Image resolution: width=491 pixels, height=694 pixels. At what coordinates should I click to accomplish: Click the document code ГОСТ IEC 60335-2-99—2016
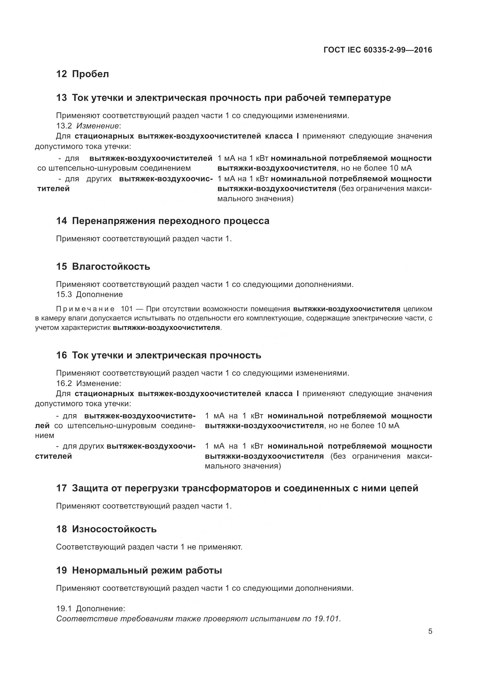click(378, 50)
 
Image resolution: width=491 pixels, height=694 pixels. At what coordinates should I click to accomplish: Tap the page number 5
click(430, 631)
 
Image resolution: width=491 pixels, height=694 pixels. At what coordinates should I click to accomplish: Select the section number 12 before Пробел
click(61, 74)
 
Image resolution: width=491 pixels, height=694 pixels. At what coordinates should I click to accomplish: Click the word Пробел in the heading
click(91, 74)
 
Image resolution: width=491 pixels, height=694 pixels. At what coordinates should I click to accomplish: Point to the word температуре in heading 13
click(360, 98)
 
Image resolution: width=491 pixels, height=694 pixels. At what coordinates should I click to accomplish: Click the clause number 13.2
click(64, 126)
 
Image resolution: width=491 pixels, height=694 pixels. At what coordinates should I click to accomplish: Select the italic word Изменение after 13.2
click(97, 126)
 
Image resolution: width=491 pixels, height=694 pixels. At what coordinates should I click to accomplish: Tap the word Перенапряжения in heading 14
click(115, 221)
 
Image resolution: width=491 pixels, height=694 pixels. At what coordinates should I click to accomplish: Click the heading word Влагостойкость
click(111, 267)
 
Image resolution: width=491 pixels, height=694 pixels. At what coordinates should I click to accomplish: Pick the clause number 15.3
click(64, 294)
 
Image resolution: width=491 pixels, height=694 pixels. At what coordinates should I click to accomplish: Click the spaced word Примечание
click(85, 309)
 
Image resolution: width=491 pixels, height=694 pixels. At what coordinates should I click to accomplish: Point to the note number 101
click(127, 309)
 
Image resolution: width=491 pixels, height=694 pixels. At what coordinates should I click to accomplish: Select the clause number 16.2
click(64, 384)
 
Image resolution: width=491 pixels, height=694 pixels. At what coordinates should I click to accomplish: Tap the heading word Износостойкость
click(114, 529)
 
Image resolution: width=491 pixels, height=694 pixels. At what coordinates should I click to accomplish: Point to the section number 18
click(61, 529)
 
